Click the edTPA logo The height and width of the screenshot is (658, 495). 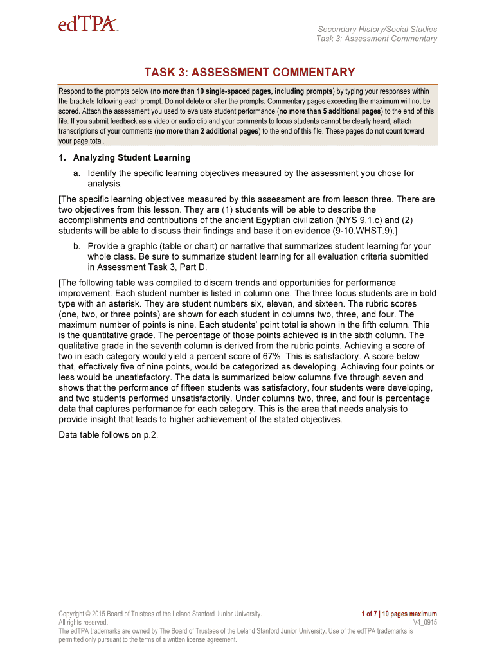point(88,25)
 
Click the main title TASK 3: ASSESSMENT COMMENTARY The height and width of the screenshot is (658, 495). point(248,73)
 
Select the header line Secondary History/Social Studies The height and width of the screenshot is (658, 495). point(377,29)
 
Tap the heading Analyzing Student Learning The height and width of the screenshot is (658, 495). point(132,157)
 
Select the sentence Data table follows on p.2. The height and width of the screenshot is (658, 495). point(108,434)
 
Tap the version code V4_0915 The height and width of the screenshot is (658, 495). point(424,623)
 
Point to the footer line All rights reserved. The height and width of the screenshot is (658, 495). point(84,623)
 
